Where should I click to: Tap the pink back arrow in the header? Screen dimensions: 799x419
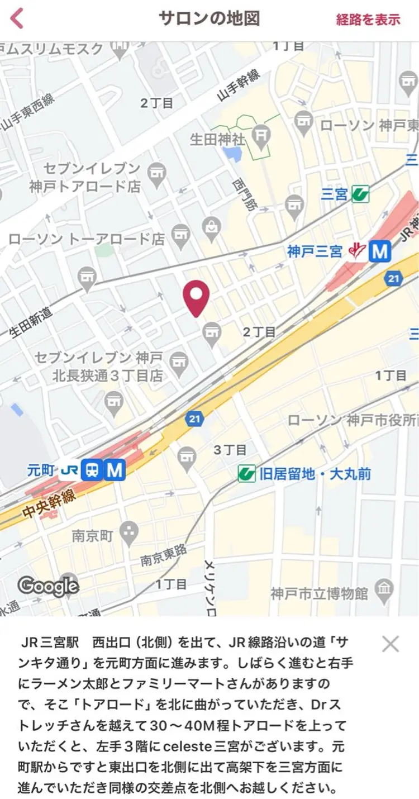coord(17,18)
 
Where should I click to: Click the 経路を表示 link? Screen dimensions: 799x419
coord(368,20)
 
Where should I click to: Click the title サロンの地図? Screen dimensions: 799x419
coord(209,18)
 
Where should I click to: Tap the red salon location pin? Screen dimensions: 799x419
coord(196,298)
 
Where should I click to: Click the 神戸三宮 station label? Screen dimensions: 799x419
coord(314,251)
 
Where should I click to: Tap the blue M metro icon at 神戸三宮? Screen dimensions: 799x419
coord(379,252)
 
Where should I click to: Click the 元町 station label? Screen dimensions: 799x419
coord(41,470)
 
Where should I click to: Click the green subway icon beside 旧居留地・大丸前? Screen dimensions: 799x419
coord(246,474)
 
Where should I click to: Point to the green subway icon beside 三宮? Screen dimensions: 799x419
coord(360,194)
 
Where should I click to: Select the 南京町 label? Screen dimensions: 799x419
coord(93,536)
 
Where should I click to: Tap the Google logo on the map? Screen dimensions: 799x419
coord(48,586)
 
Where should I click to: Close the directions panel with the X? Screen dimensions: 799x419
coord(390,644)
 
